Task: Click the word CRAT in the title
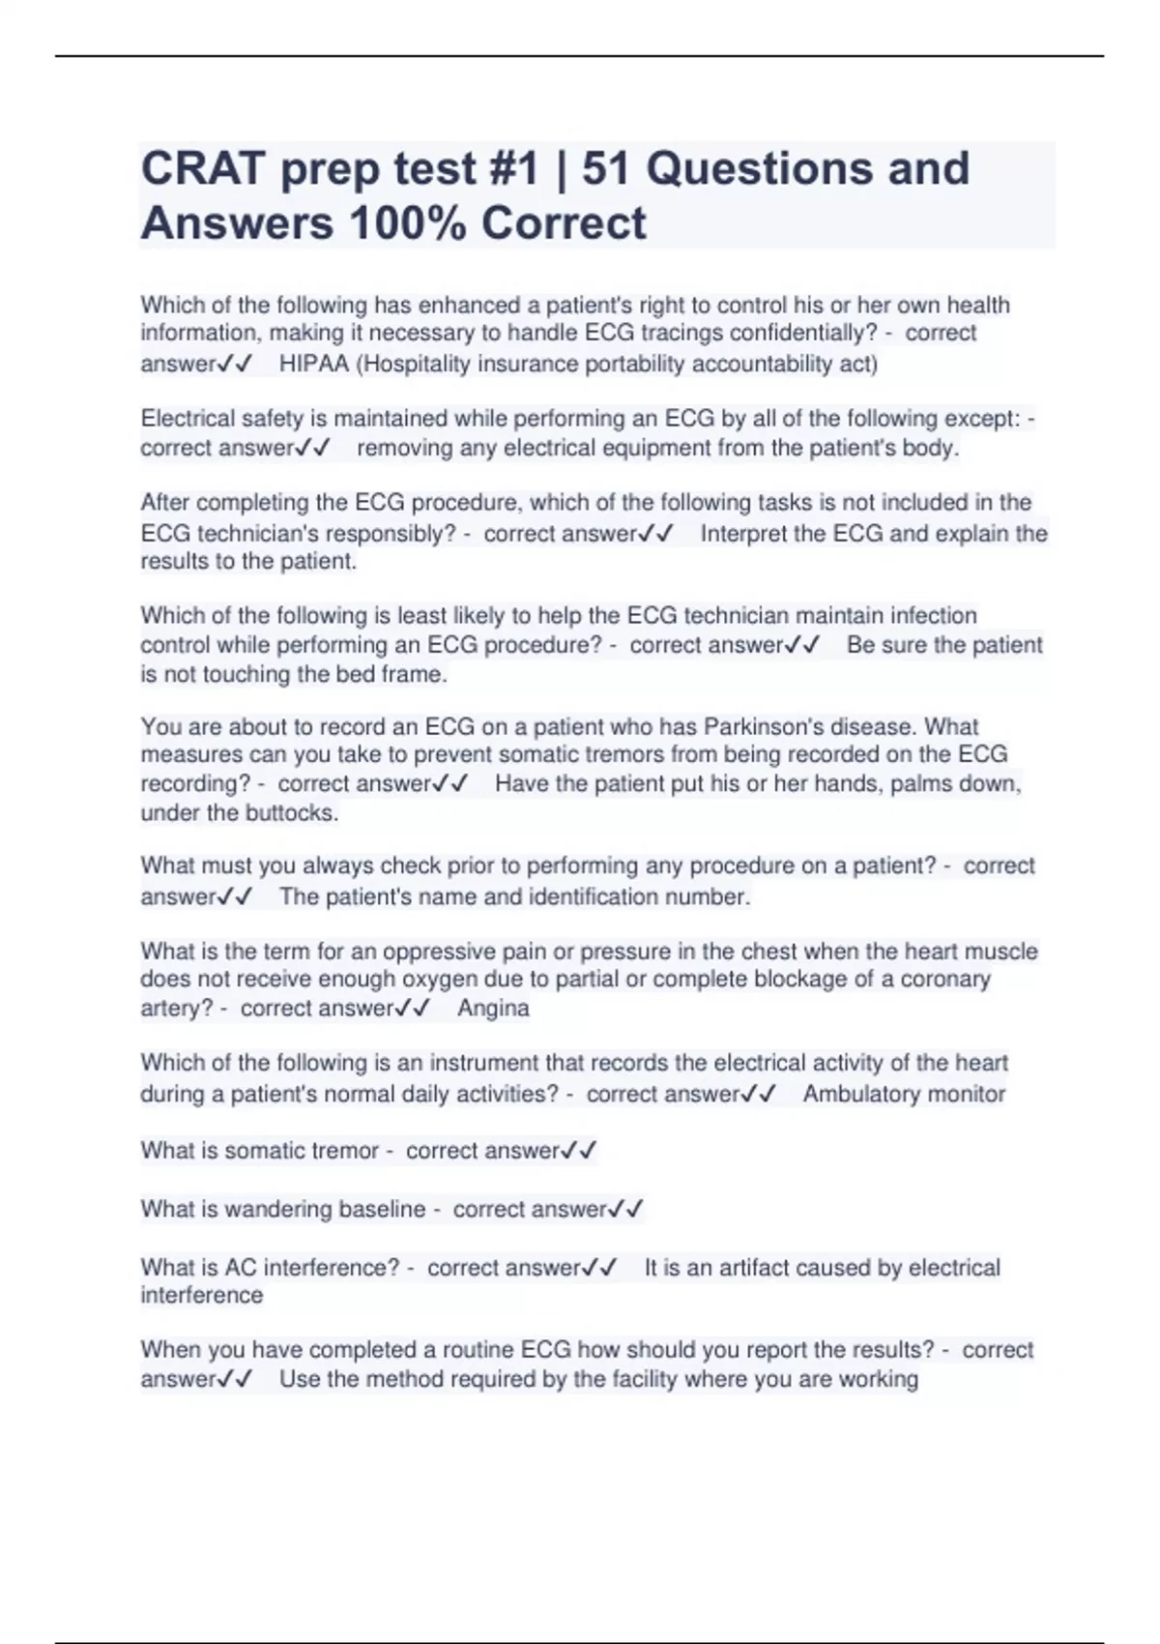click(x=202, y=169)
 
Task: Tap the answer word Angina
click(x=493, y=1009)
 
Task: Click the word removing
click(x=404, y=449)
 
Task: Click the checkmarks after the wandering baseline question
click(x=626, y=1209)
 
